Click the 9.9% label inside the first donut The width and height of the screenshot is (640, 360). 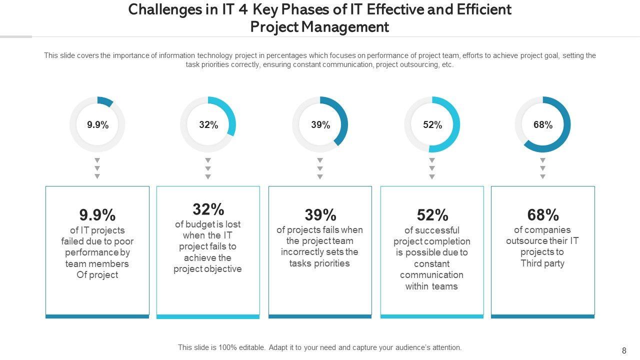(97, 125)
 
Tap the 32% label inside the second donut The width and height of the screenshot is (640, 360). (208, 125)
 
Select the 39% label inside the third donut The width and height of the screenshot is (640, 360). (320, 125)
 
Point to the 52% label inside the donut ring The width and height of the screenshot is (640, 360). (432, 125)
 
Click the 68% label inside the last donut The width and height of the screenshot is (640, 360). (543, 125)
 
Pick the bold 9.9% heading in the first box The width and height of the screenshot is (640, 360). (97, 215)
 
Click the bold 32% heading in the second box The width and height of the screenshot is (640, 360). (208, 209)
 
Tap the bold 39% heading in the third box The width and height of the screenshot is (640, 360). (320, 215)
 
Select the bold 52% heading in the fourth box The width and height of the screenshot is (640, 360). (432, 215)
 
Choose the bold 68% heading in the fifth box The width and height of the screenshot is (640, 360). (543, 215)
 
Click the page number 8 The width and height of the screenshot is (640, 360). (624, 351)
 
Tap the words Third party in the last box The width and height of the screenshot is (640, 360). (542, 263)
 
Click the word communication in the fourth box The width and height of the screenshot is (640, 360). (431, 275)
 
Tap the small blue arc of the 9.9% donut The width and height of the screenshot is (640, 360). (105, 101)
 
